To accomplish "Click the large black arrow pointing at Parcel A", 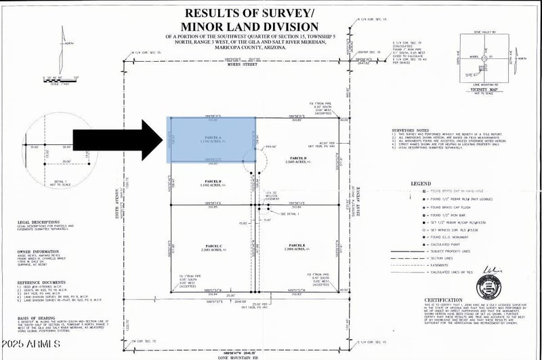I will pyautogui.click(x=112, y=142).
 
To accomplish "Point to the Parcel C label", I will pyautogui.click(x=213, y=245).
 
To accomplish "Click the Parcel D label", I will pyautogui.click(x=296, y=159).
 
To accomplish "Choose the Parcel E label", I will pyautogui.click(x=297, y=245).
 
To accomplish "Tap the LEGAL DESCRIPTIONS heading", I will pyautogui.click(x=39, y=222).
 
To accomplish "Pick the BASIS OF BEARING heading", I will pyautogui.click(x=35, y=317).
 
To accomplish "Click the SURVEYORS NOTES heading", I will pyautogui.click(x=412, y=129).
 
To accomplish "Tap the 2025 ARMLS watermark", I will pyautogui.click(x=32, y=345).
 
